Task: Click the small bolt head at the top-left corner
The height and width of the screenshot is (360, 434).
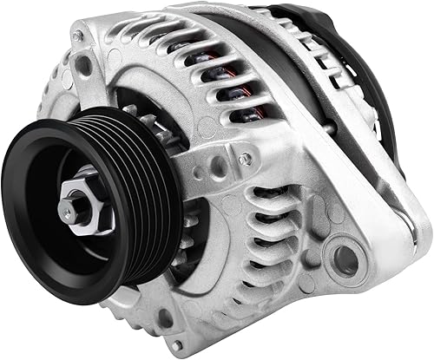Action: point(79,36)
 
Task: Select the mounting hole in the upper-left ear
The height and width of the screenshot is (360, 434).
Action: point(84,65)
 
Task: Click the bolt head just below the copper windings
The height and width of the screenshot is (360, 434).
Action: point(247,159)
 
